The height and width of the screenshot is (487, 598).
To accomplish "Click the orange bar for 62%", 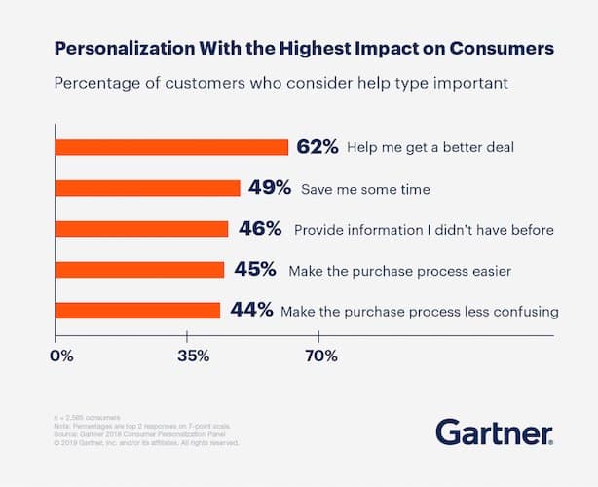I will [171, 147].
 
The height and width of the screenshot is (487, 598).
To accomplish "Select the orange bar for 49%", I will [147, 188].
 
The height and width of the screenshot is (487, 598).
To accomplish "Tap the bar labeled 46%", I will [141, 229].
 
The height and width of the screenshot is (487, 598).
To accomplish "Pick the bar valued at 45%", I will [139, 270].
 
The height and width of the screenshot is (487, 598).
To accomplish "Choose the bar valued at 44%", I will [137, 311].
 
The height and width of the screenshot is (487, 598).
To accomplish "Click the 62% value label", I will [317, 147].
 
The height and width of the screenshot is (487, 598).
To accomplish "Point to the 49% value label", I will [269, 188].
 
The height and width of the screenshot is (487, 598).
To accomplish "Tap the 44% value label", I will [251, 311].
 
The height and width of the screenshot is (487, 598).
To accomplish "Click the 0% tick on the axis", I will [61, 356].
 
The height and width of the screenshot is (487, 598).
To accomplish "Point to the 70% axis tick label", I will [320, 356].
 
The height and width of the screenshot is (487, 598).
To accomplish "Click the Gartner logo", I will [494, 431].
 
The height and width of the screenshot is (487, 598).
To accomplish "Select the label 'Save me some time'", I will [363, 189].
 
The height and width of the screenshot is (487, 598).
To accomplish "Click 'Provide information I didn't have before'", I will [424, 230].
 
